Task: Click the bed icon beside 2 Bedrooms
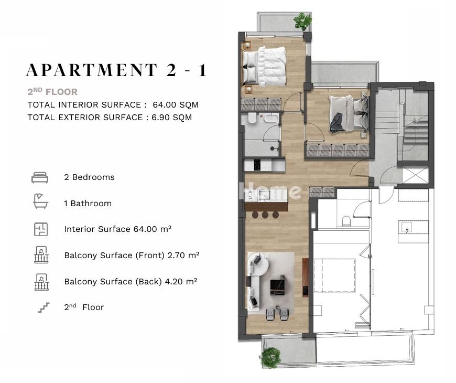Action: [40, 177]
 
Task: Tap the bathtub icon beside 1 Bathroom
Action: [40, 201]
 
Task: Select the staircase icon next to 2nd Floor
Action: [44, 307]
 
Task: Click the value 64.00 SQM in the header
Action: [176, 105]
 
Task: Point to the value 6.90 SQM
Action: [171, 118]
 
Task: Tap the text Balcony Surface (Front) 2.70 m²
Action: [132, 256]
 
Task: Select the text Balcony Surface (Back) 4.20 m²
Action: [131, 282]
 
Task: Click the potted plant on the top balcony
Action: [302, 21]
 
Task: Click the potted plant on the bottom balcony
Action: [270, 357]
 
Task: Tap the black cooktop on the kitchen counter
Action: [257, 165]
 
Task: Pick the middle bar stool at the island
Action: [265, 215]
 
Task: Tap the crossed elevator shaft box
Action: [415, 175]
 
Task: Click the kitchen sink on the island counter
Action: [264, 195]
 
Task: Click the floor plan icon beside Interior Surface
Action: [41, 229]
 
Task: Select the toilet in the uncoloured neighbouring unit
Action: [346, 221]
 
